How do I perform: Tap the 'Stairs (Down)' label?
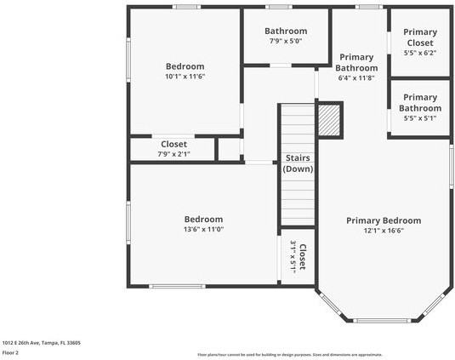coord(298,163)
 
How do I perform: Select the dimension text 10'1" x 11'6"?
coord(185,77)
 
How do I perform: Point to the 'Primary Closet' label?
coord(420,37)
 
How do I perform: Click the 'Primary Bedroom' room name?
coord(384,220)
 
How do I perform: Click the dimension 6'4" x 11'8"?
coord(356,77)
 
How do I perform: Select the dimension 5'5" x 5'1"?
coord(420,118)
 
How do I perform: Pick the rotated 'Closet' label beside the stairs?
coord(303,257)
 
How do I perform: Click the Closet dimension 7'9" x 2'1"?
coord(173,154)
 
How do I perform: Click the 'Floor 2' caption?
coord(10,352)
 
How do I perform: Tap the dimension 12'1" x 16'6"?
coord(384,231)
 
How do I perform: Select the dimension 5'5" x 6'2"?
coord(420,53)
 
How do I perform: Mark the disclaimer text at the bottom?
coord(290,355)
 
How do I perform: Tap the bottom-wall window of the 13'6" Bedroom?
coord(177,286)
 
